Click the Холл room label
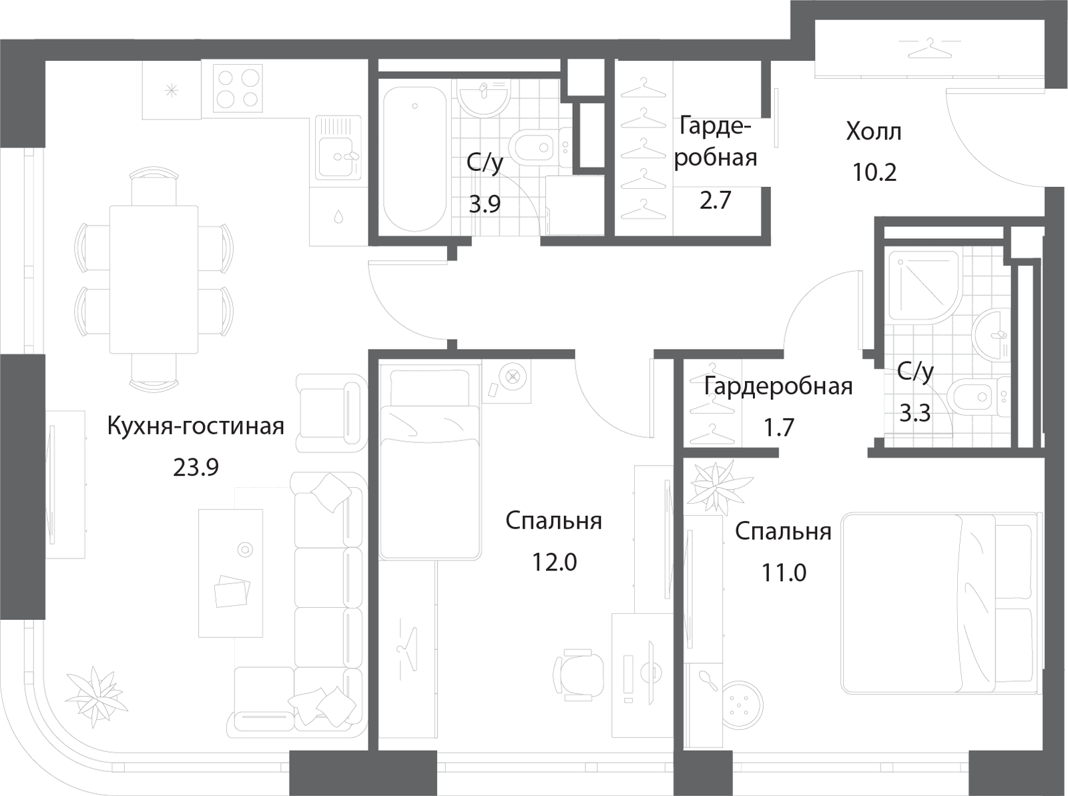(x=873, y=131)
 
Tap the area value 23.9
(x=196, y=468)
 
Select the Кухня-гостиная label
(x=196, y=426)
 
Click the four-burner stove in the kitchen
(x=238, y=88)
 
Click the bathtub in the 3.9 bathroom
(x=415, y=159)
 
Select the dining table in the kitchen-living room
(x=154, y=279)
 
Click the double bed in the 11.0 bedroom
(x=941, y=603)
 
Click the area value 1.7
(x=778, y=428)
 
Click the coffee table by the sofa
(x=231, y=573)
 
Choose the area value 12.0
(x=554, y=562)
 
